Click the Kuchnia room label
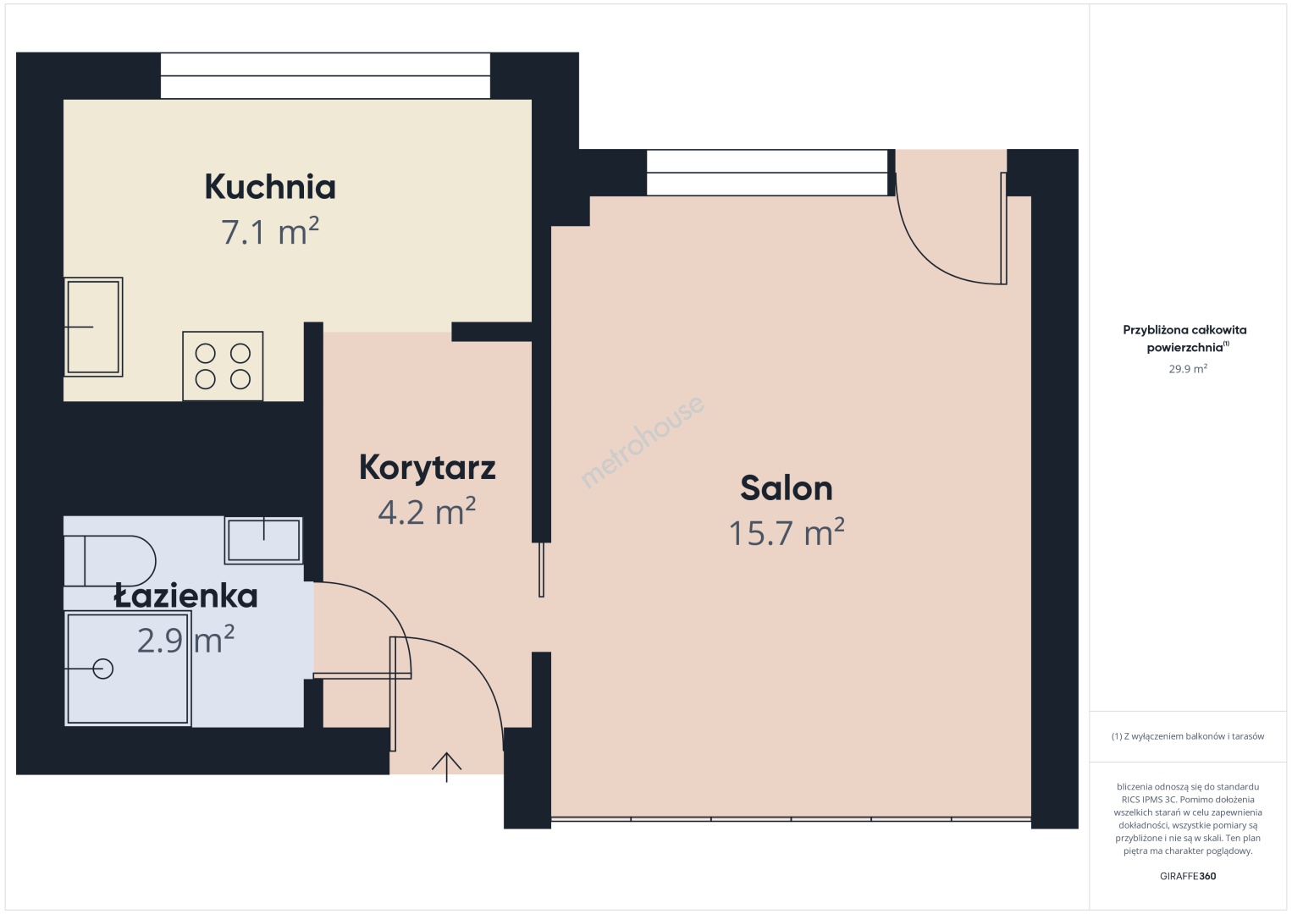[x=270, y=187]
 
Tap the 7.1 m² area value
[x=270, y=231]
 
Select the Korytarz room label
[x=427, y=468]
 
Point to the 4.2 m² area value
[x=427, y=511]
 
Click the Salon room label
[x=787, y=488]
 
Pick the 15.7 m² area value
[x=787, y=532]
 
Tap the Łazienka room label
[x=185, y=595]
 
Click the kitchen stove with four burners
[x=223, y=366]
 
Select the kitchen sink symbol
[x=93, y=327]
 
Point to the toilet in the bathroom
[x=109, y=561]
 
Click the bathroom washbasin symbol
[x=263, y=540]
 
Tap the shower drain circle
[x=102, y=669]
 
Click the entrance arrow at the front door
[x=446, y=768]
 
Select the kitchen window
[x=325, y=75]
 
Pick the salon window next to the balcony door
[x=767, y=173]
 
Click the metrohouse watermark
[x=642, y=441]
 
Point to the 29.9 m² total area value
[x=1188, y=368]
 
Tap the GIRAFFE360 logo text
[x=1188, y=876]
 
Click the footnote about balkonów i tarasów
[x=1188, y=736]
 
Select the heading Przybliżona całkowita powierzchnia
[x=1184, y=339]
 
